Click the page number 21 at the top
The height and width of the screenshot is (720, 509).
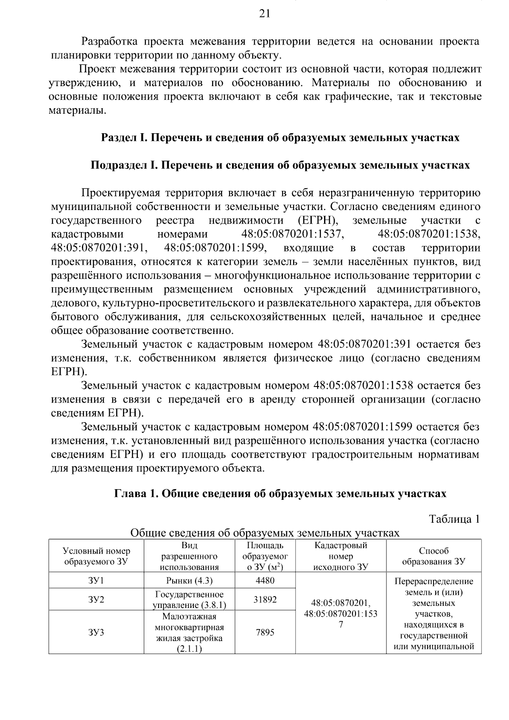click(264, 14)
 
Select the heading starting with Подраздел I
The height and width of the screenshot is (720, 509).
click(280, 165)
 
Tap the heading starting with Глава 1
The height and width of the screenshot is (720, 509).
click(280, 493)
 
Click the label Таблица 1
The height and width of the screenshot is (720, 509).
click(454, 519)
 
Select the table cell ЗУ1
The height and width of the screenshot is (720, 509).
click(96, 580)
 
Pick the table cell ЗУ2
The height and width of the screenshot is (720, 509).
click(96, 599)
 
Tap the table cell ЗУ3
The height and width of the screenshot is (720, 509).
click(96, 632)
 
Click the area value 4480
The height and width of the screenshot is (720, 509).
click(265, 580)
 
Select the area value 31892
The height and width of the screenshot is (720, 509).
click(265, 599)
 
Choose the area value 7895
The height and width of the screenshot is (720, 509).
click(265, 632)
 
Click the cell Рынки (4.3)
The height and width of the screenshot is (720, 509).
click(189, 580)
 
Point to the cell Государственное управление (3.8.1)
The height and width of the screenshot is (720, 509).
click(189, 600)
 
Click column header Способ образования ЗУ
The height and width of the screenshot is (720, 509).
click(433, 556)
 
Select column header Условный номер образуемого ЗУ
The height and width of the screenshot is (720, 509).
click(96, 556)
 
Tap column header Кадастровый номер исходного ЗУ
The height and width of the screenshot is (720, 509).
click(341, 556)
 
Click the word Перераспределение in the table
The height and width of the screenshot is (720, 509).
click(433, 581)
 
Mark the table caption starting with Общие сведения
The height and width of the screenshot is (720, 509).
click(265, 532)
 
